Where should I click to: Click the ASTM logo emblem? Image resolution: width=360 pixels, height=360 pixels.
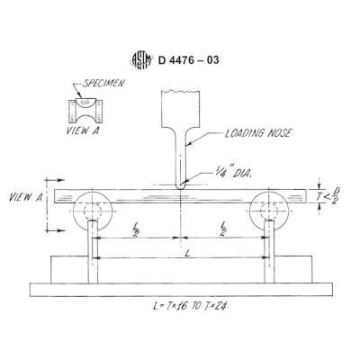[141, 60]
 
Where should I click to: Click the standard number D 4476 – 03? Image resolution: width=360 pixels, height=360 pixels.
[188, 60]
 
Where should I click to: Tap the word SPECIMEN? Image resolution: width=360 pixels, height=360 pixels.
[103, 83]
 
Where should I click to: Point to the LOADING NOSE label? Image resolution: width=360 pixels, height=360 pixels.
[257, 133]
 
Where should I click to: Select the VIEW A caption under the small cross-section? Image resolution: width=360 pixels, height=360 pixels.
[83, 130]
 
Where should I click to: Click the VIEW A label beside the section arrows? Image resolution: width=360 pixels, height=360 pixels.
[26, 197]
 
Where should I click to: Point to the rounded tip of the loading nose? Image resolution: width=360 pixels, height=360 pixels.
[181, 186]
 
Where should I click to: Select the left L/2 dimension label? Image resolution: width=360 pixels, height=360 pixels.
[135, 229]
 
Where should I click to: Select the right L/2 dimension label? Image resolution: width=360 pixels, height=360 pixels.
[223, 229]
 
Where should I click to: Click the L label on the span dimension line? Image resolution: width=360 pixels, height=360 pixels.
[187, 254]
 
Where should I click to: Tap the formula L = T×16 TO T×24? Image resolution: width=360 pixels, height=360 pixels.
[190, 306]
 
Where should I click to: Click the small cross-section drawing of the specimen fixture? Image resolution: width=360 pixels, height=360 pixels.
[85, 111]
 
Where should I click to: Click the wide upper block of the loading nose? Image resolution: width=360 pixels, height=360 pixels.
[180, 108]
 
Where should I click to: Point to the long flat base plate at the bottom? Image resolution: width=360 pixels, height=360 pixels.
[181, 290]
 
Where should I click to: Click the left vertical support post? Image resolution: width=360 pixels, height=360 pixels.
[93, 252]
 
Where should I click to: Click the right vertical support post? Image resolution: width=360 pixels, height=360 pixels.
[269, 252]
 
